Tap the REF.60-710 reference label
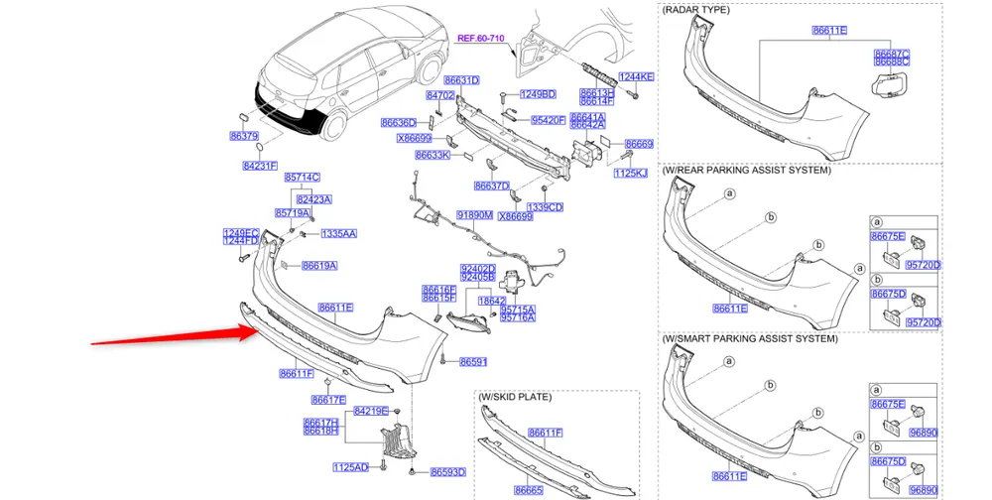point(481,39)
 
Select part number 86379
point(243,136)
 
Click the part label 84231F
point(260,166)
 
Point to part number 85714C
point(303,177)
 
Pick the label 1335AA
point(338,234)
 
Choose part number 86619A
point(319,266)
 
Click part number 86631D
point(461,80)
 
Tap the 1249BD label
point(538,94)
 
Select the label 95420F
point(548,120)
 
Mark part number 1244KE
point(636,76)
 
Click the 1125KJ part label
point(630,173)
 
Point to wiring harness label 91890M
point(474,214)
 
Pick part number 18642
point(492,300)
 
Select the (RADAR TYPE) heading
point(696,9)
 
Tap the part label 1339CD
point(545,207)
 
